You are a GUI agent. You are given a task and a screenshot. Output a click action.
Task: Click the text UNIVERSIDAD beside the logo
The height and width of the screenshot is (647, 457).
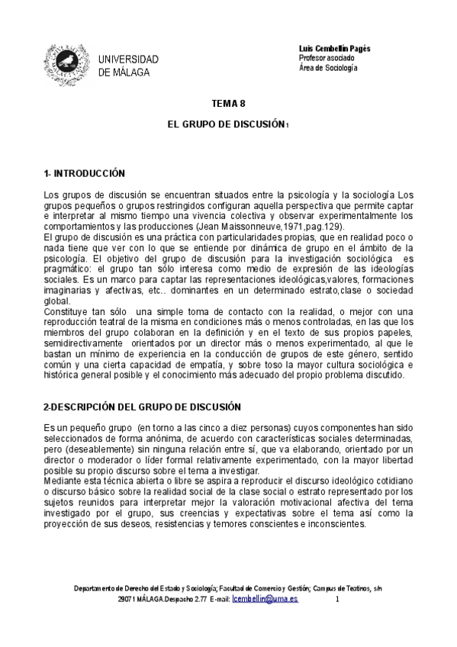pyautogui.click(x=129, y=60)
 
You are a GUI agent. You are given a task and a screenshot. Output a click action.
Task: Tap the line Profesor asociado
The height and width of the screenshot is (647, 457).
pyautogui.click(x=325, y=58)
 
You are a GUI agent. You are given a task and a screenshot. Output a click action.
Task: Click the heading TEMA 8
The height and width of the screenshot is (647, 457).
pyautogui.click(x=228, y=104)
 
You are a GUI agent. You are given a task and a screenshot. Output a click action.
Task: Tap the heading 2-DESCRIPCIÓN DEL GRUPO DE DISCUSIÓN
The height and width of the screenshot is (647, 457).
pyautogui.click(x=142, y=407)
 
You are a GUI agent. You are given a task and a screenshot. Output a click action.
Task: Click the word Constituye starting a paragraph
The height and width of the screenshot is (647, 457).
pyautogui.click(x=67, y=312)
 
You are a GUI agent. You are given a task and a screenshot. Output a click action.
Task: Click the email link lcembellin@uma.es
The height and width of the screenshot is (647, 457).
pyautogui.click(x=265, y=600)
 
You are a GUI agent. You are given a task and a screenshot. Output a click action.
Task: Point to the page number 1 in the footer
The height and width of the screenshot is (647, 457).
pyautogui.click(x=336, y=600)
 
